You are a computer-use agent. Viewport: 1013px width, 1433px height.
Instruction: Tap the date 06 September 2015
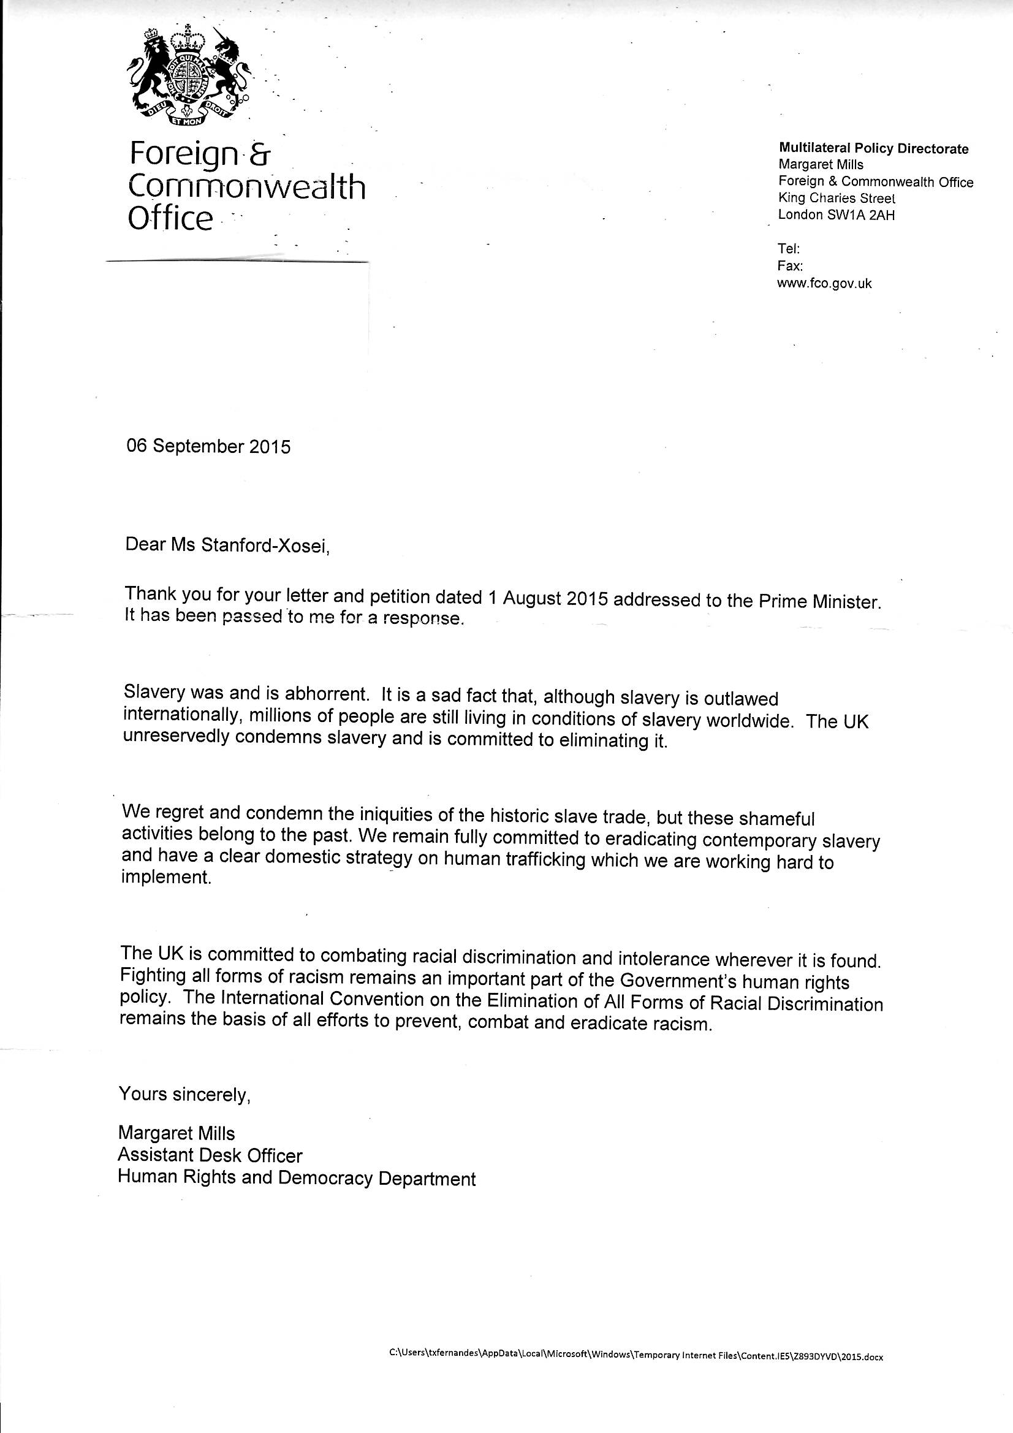point(208,447)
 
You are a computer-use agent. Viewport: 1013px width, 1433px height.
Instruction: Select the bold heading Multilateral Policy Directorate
point(873,148)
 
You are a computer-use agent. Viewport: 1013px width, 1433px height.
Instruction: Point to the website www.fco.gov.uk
point(824,283)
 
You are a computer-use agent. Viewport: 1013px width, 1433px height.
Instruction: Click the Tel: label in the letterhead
point(784,248)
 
